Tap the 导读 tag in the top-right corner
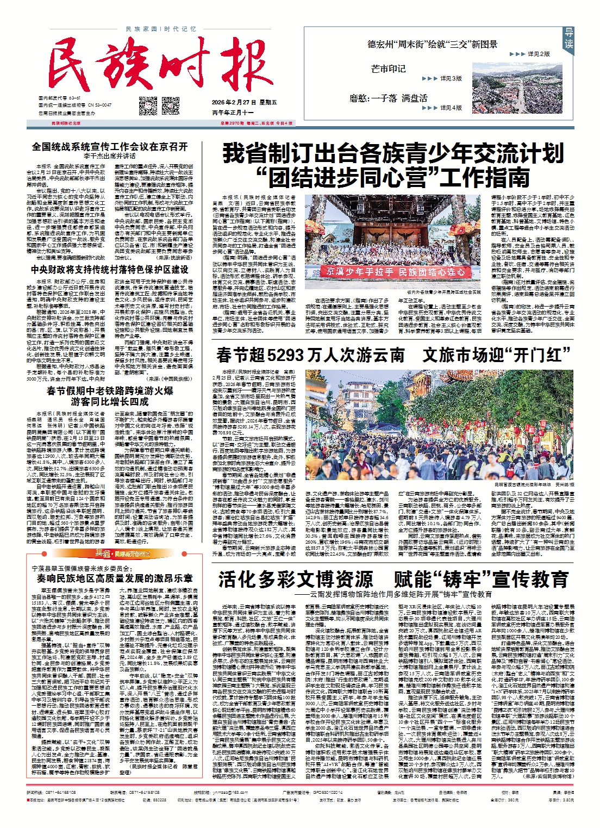click(568, 39)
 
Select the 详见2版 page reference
click(538, 54)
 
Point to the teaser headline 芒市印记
click(388, 69)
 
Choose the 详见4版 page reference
click(451, 108)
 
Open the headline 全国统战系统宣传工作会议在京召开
click(110, 146)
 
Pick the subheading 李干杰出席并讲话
click(110, 156)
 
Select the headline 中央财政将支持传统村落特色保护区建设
click(110, 269)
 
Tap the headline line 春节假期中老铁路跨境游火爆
click(110, 390)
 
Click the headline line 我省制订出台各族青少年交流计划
click(393, 154)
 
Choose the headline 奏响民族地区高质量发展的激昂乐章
click(115, 578)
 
